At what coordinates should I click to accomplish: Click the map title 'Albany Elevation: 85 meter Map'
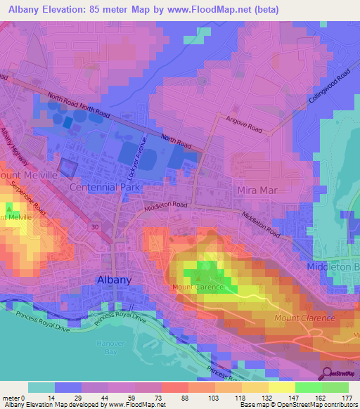coord(98,9)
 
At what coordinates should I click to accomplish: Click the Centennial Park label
coord(105,188)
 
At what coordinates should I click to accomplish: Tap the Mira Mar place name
coord(255,190)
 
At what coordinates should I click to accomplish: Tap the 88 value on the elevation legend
coord(174,398)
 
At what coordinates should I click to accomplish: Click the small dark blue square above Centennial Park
coord(68,167)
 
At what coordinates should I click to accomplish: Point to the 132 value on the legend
coord(255,398)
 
